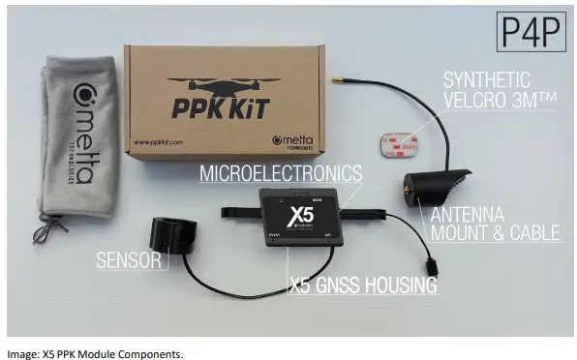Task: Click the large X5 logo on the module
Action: (x=304, y=212)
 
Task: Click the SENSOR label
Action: (x=127, y=258)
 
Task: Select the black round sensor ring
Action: (x=175, y=236)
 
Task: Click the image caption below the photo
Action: (x=94, y=352)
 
